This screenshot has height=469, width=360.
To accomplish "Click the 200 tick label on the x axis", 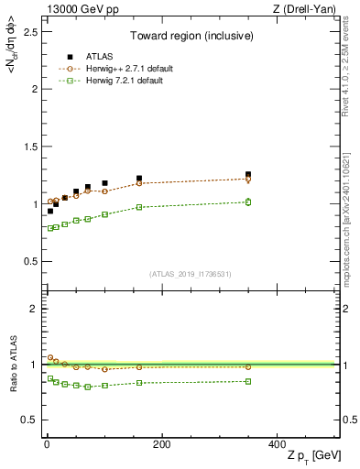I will pos(161,444).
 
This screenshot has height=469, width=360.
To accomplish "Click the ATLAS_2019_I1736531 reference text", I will pos(191,274).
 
